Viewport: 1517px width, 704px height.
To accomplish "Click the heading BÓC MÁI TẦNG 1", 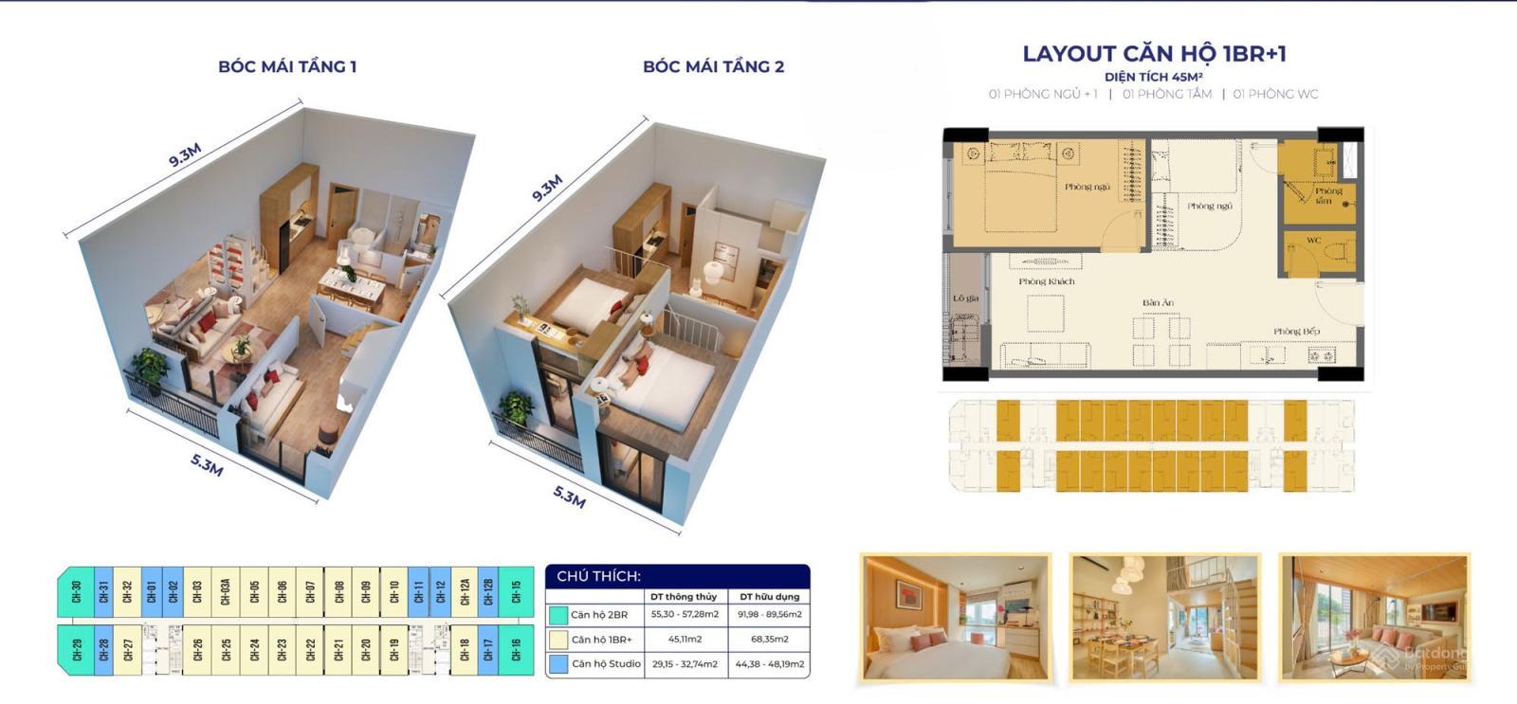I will point(287,66).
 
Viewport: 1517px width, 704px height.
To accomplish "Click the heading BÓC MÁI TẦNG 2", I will point(713,66).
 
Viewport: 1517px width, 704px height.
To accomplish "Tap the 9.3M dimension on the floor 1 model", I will point(185,154).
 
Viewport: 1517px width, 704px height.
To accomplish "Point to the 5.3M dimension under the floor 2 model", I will point(569,496).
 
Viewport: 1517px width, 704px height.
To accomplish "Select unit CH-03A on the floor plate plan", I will point(226,592).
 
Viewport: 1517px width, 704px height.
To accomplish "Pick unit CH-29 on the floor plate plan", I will point(77,649).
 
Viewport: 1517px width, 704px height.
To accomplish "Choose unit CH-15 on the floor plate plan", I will point(517,592).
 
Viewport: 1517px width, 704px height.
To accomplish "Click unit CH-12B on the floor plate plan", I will point(488,592).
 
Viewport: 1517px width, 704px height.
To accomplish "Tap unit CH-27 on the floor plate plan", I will point(128,649).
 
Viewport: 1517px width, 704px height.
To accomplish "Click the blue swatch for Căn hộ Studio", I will point(558,664).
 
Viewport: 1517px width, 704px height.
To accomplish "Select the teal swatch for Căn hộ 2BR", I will point(558,615).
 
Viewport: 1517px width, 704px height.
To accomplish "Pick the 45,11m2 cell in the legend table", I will point(684,640).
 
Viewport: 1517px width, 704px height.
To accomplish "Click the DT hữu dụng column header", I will point(769,597).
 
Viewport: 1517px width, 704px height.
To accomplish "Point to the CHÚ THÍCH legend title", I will point(598,576).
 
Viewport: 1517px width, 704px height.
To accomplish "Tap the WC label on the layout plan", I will point(1313,241).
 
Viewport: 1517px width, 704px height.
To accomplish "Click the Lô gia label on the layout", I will point(965,298).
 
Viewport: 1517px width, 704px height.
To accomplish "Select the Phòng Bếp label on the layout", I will point(1296,332).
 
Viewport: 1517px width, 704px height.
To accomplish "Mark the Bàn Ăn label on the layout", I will point(1158,303).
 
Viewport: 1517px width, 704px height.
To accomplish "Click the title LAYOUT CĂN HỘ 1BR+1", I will point(1154,54).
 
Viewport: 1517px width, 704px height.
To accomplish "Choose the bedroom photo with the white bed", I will point(956,618).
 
